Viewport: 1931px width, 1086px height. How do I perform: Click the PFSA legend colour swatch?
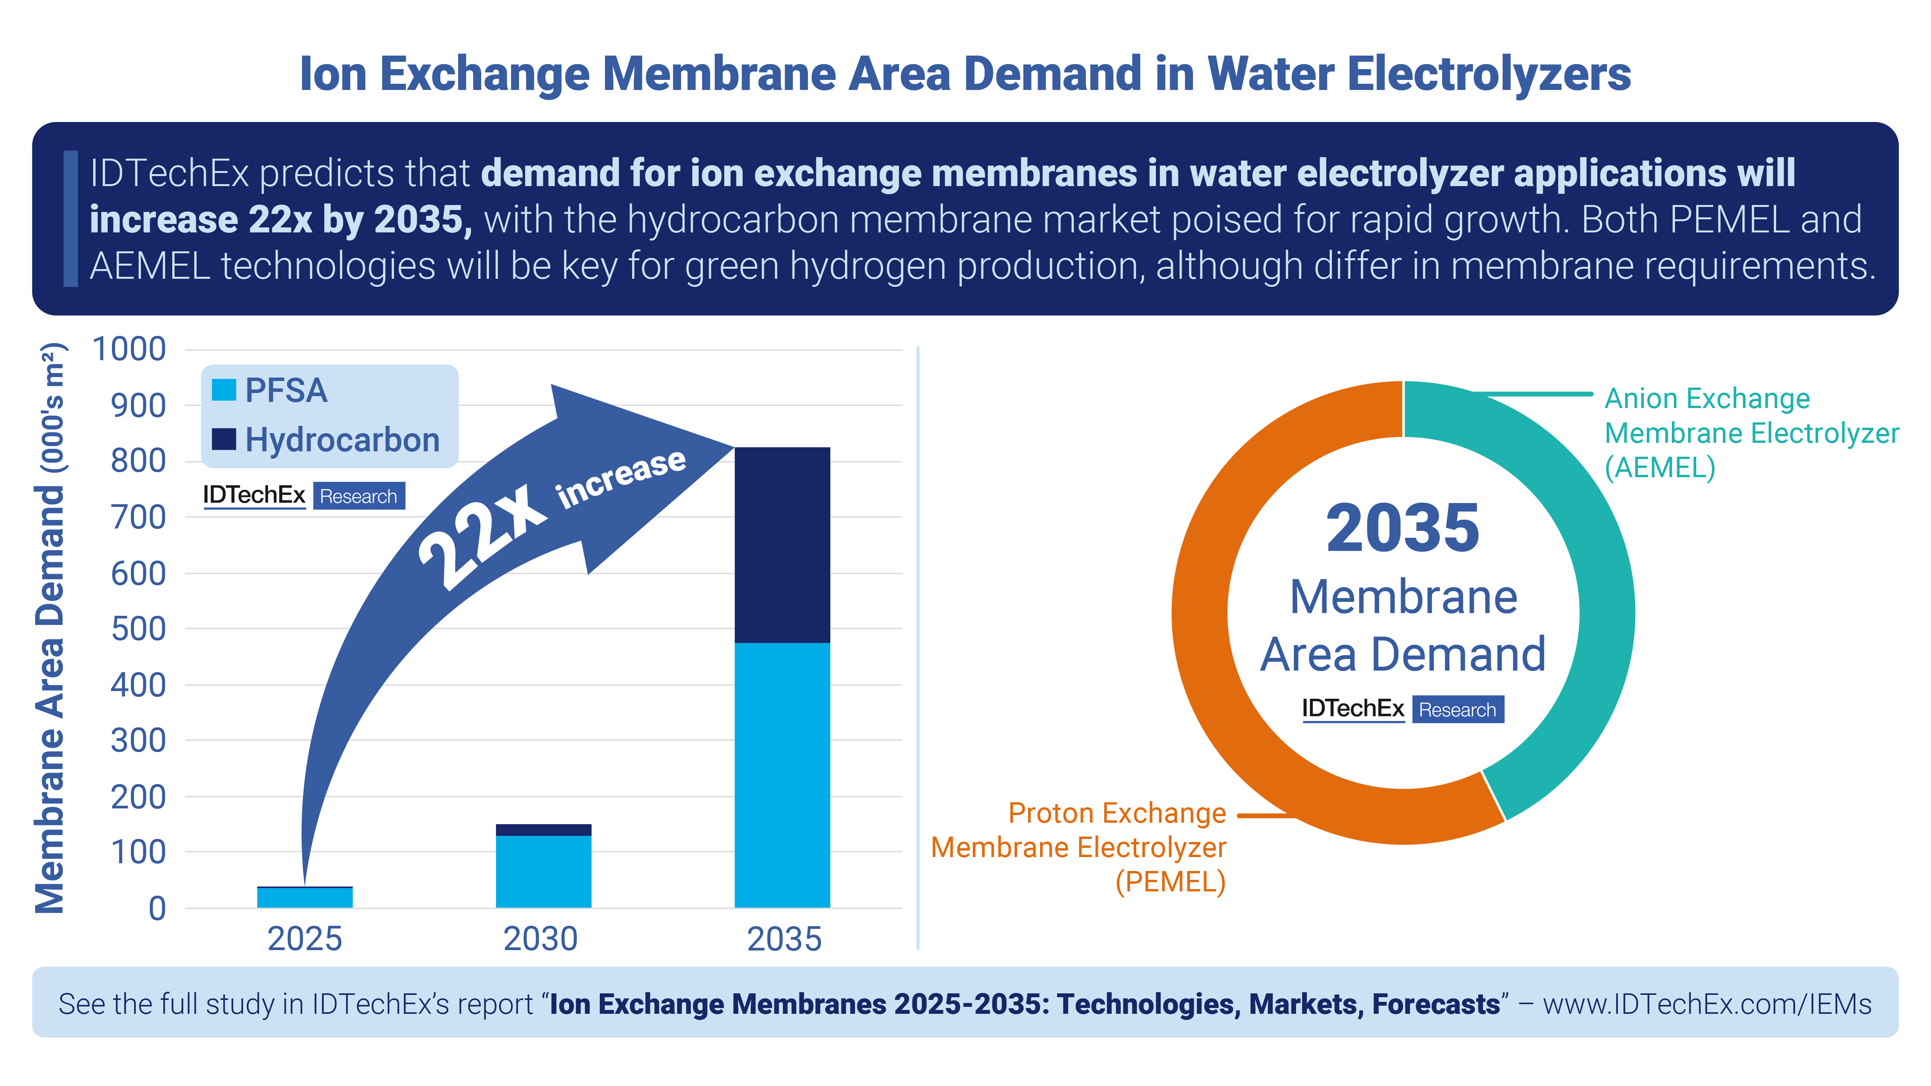click(x=223, y=390)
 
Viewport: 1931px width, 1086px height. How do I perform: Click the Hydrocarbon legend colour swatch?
click(x=223, y=439)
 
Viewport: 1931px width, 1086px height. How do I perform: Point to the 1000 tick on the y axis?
click(x=129, y=349)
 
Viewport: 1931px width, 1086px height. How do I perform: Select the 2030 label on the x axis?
click(x=540, y=939)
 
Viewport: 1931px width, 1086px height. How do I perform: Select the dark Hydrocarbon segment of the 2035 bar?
click(x=782, y=545)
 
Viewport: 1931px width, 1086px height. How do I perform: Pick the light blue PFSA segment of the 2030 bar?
click(x=543, y=871)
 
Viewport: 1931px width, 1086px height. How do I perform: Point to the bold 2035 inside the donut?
click(x=1403, y=529)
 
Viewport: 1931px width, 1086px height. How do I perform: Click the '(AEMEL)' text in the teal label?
click(x=1660, y=468)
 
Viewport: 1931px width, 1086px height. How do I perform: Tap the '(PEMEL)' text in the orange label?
click(x=1170, y=882)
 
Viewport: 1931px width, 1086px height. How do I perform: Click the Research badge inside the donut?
click(x=1457, y=709)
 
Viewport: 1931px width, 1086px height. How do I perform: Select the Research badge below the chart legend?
click(x=358, y=496)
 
